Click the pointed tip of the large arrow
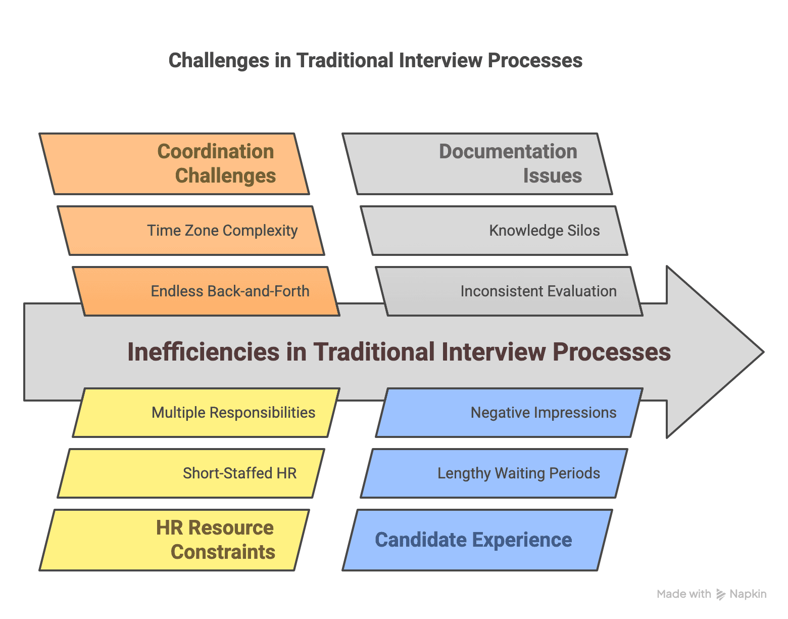[762, 352]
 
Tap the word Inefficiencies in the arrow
[203, 352]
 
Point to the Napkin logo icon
[721, 595]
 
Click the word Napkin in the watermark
[748, 594]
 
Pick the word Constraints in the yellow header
[223, 552]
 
